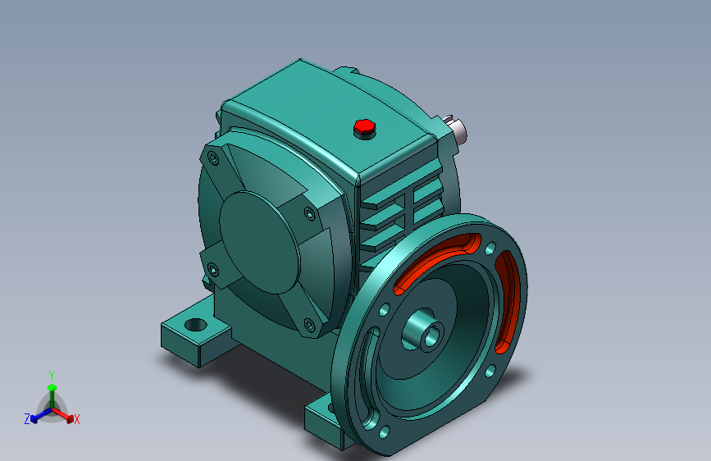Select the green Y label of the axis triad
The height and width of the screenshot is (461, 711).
pos(52,376)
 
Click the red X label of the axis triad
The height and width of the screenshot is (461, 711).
pos(76,420)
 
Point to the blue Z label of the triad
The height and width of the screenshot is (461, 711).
pos(27,419)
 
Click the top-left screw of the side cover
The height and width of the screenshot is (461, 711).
pos(213,158)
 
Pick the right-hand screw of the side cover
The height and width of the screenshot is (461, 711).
pos(310,214)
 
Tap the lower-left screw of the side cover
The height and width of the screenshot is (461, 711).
pos(212,270)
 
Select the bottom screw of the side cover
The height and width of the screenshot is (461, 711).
pos(309,325)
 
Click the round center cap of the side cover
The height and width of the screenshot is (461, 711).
pos(260,242)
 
